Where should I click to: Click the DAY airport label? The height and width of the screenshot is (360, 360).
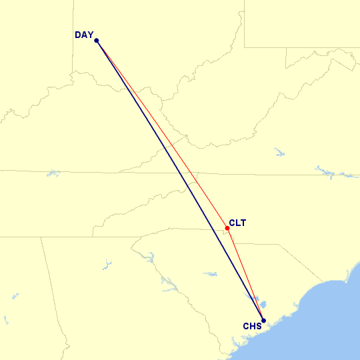click(x=84, y=35)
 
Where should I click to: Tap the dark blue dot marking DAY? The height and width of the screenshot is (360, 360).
click(x=97, y=41)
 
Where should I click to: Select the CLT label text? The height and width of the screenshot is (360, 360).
click(x=237, y=223)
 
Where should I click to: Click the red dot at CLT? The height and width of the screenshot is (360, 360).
click(x=227, y=228)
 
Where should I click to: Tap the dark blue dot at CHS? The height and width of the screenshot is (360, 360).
click(x=263, y=320)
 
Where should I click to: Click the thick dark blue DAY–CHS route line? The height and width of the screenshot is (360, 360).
click(x=180, y=180)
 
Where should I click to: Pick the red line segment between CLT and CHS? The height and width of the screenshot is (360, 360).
click(x=245, y=274)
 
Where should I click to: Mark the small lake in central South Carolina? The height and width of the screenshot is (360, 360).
click(x=210, y=273)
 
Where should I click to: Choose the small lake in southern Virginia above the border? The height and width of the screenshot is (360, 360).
click(x=279, y=153)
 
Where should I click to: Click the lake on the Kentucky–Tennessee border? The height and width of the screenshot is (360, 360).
click(x=53, y=173)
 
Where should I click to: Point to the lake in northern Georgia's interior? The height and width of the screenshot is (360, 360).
click(x=106, y=265)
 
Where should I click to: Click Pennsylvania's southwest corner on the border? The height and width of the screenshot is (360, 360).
click(x=244, y=47)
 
